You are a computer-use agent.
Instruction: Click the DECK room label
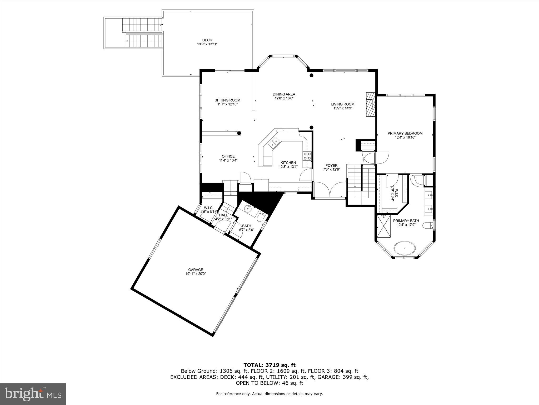pos(207,40)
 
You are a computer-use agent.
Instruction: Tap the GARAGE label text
pos(196,270)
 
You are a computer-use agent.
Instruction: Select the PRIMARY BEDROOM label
pos(405,133)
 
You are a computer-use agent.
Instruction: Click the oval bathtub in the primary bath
pos(405,248)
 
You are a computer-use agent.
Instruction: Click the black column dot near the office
pos(239,133)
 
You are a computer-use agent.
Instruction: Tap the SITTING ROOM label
pos(227,100)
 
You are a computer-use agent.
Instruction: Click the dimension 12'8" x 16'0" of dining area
pos(284,98)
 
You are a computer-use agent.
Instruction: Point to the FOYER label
pos(331,166)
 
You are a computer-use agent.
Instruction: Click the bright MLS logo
pos(33,394)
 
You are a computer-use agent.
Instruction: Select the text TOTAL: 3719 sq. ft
pos(269,365)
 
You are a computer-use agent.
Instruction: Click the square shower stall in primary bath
pos(383,226)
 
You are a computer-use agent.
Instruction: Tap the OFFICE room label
pos(228,156)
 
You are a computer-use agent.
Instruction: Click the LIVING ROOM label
pos(343,104)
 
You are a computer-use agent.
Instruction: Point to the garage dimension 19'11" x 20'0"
pos(196,274)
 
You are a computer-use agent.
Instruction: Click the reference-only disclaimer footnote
pos(269,394)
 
